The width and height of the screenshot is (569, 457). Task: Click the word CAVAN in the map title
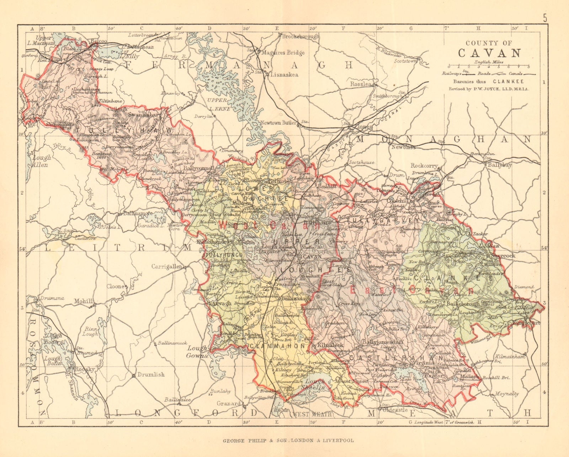tap(489, 53)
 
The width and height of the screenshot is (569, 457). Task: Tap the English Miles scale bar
tap(489, 66)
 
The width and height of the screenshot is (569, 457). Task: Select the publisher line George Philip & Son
tap(288, 440)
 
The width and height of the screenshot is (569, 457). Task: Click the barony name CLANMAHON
tap(277, 346)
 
